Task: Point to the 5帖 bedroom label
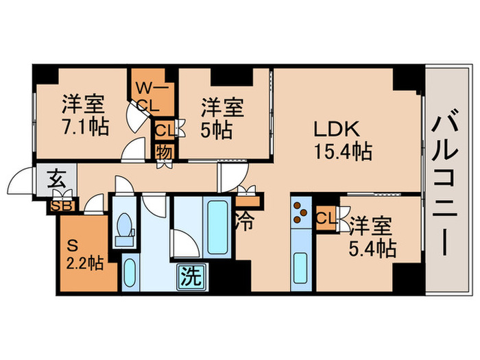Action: (x=221, y=118)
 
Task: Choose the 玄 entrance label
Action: (x=56, y=182)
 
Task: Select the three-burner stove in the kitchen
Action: (x=301, y=214)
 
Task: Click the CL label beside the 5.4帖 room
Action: (x=326, y=219)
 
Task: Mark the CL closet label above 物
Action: (x=164, y=130)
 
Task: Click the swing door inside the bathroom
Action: (x=185, y=243)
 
